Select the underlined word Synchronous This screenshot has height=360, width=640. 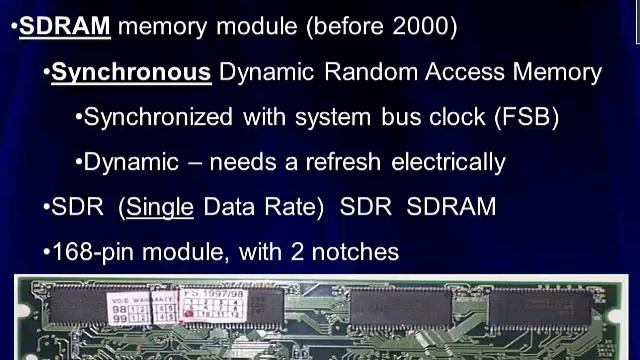point(131,72)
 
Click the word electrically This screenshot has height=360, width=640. point(448,162)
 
